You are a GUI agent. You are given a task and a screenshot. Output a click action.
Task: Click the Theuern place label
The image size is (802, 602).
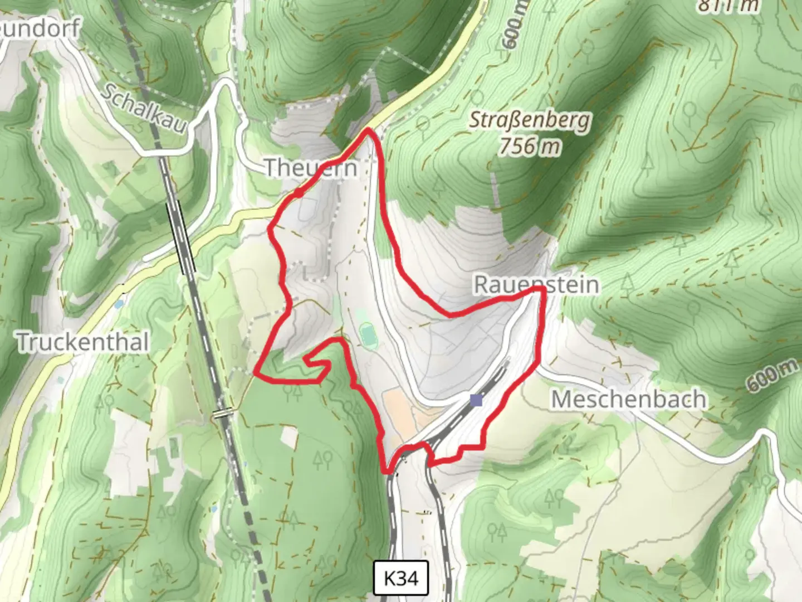coord(310,167)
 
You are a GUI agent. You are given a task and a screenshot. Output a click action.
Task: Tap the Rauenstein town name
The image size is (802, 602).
coord(536,284)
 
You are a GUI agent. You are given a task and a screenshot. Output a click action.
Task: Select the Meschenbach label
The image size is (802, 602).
coord(629,399)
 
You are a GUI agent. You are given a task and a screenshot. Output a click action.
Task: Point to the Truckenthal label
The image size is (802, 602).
coord(83,342)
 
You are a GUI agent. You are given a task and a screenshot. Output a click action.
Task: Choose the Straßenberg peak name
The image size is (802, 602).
coord(529,120)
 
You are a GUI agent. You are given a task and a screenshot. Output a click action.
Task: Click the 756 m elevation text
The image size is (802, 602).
coord(529,146)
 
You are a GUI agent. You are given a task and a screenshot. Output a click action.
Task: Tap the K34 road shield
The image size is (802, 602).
coord(401,578)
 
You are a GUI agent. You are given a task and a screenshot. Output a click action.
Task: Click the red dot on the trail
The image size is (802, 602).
coord(299,193)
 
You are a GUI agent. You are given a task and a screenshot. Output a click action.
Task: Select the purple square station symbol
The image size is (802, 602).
coord(476,400)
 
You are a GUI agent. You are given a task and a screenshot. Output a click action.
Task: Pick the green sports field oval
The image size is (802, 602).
coord(367,335)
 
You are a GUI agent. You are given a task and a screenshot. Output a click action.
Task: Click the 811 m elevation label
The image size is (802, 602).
coord(728,6)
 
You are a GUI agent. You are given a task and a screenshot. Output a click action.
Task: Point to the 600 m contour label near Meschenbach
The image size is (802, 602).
coord(772,375)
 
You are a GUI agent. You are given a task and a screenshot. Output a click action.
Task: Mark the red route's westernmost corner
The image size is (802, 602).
coord(256,371)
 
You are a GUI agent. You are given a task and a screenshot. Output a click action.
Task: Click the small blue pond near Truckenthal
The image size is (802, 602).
coord(119,304)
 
